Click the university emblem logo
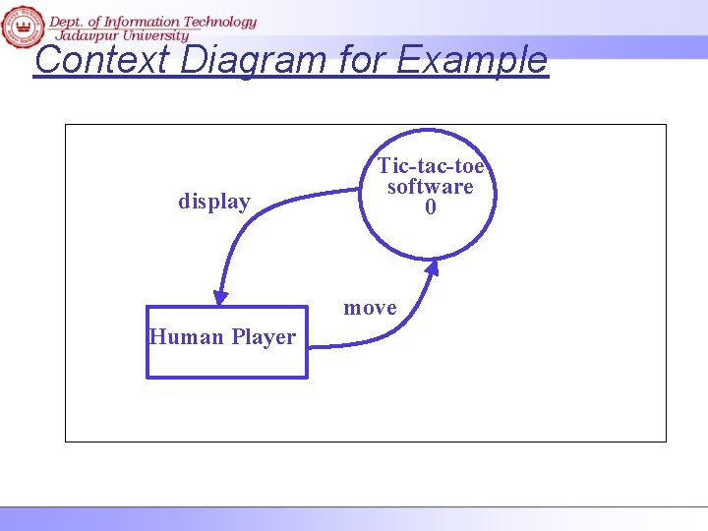(22, 26)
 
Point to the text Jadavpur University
(120, 34)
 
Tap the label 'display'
(214, 202)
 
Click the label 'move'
(370, 308)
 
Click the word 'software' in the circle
(431, 186)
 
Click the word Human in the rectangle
(186, 337)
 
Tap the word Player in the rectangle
(263, 337)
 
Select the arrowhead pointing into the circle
(432, 268)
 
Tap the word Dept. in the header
(65, 21)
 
